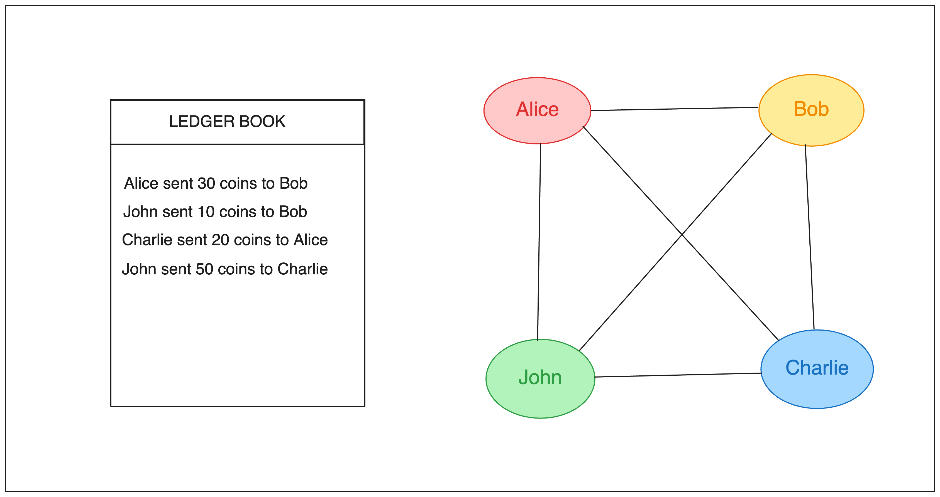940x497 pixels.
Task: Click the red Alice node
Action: (x=537, y=110)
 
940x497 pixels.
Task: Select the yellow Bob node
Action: (x=811, y=110)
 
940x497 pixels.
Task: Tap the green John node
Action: (x=540, y=378)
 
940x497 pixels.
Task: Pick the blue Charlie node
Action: (x=817, y=369)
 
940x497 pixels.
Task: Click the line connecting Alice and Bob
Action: (x=675, y=109)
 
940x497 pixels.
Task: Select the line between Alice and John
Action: (x=539, y=242)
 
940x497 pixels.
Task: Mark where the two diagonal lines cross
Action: (x=682, y=235)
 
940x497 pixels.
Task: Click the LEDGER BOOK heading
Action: (x=227, y=121)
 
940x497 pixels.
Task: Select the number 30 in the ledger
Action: (x=206, y=183)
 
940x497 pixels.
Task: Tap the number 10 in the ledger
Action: (x=206, y=212)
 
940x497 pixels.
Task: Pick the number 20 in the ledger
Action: (x=220, y=240)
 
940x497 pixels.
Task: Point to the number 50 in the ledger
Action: (x=204, y=269)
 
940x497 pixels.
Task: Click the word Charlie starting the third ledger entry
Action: (x=147, y=240)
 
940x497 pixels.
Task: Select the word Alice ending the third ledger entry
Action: (x=311, y=240)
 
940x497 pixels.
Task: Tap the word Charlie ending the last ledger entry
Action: (x=302, y=269)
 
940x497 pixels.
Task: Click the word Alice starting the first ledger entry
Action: (x=141, y=183)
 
